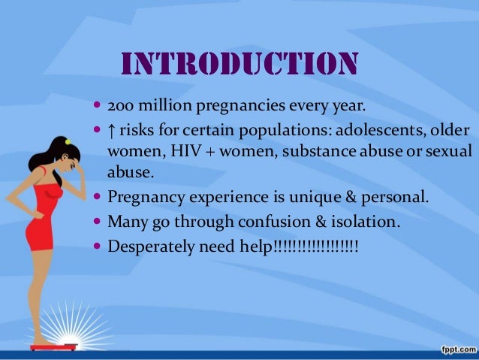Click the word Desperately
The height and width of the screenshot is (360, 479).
click(x=148, y=247)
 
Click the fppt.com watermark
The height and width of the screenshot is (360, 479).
click(x=454, y=349)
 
